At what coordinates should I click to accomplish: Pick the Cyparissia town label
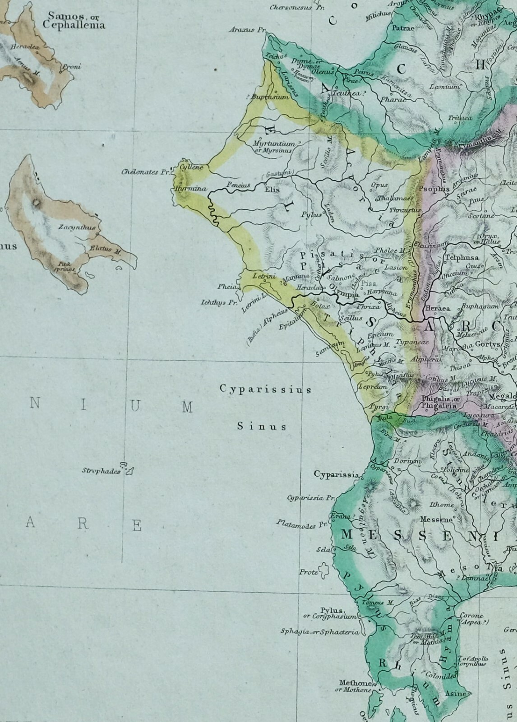[x=337, y=474]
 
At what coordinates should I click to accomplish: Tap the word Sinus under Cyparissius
[x=262, y=426]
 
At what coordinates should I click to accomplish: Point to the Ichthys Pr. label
[x=219, y=303]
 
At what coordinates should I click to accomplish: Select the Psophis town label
[x=434, y=189]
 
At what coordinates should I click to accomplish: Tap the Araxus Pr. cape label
[x=248, y=30]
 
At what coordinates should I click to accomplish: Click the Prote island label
[x=309, y=572]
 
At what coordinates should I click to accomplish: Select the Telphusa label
[x=458, y=258]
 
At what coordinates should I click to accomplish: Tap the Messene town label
[x=436, y=519]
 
